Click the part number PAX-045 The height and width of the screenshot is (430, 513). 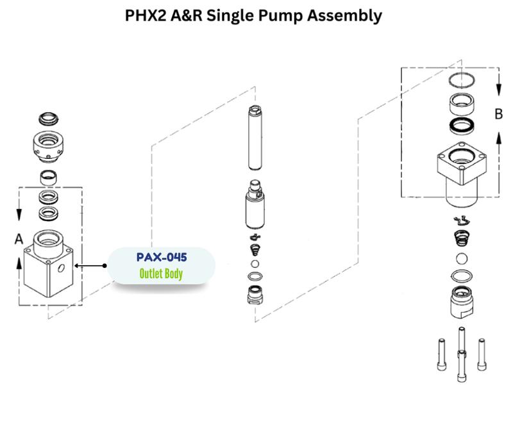(162, 258)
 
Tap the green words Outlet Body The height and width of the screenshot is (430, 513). (162, 274)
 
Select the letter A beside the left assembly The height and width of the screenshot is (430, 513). (19, 238)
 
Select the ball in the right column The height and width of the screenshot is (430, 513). (461, 259)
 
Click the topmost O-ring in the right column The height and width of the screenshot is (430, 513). (461, 79)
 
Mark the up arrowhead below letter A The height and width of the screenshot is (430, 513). (19, 262)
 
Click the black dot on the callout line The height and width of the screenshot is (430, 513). (104, 265)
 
